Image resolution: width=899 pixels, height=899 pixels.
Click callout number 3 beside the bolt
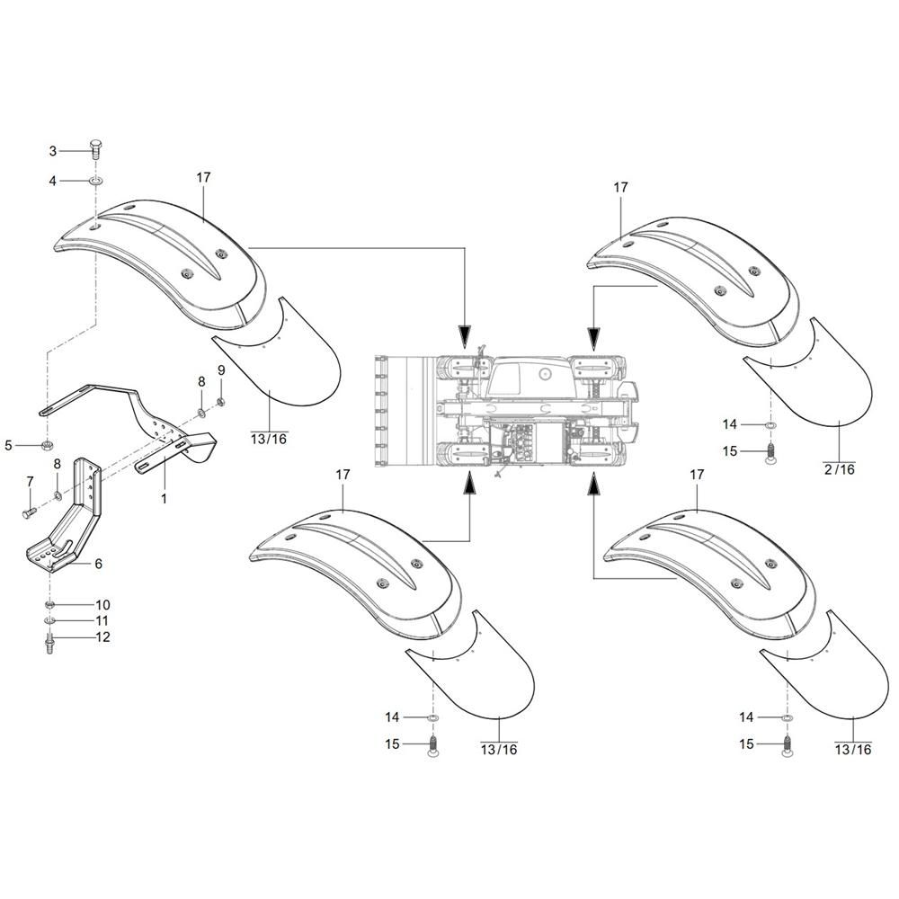77,150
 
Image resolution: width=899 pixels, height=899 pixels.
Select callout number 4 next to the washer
77,181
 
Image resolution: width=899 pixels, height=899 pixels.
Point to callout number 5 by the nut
9,444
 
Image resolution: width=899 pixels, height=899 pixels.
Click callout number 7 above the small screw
29,481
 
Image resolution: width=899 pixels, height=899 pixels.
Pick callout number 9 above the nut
221,370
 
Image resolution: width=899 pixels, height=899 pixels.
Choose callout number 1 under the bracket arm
164,496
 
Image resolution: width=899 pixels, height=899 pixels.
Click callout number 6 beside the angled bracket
98,564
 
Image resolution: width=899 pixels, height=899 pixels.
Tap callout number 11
102,620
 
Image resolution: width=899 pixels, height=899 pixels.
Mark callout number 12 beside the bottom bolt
102,637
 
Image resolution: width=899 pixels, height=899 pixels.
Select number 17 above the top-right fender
620,187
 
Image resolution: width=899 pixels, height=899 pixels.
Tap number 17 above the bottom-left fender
342,474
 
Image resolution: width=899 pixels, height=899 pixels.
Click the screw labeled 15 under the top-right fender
770,455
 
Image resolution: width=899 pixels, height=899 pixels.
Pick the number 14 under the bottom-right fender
746,717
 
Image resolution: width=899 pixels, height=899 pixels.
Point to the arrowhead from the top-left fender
464,336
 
